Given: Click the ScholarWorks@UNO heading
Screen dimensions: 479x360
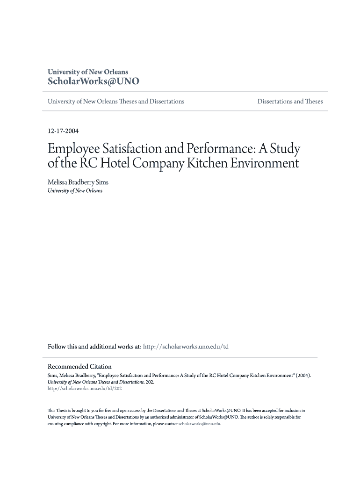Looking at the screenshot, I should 94,81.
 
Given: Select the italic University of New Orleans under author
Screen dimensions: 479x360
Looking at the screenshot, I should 75,191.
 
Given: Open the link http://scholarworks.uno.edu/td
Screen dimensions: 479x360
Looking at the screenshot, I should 186,347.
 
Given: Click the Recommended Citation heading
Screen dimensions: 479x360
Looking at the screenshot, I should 79,366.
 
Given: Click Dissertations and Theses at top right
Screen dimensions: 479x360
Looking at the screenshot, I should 290,102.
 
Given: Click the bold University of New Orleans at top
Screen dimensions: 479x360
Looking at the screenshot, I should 88,72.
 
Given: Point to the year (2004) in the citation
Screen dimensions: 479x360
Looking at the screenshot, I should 302,375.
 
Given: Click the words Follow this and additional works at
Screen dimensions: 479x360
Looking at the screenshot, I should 94,347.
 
